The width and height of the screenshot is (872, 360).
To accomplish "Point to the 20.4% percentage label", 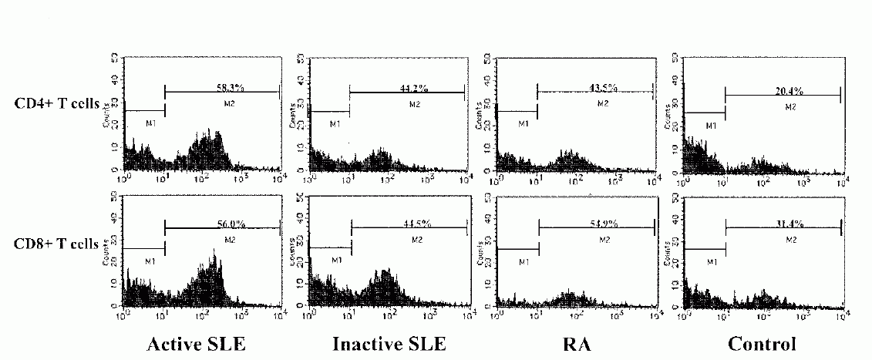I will click(788, 90).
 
